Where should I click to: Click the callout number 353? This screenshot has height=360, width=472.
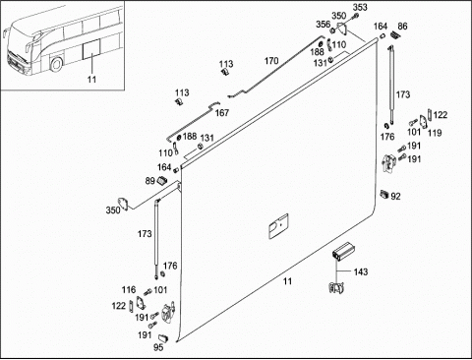point(360,7)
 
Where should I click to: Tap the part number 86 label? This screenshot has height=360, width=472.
point(402,26)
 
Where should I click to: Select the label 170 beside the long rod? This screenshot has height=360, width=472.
point(271,61)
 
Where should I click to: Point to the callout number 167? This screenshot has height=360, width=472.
point(222,113)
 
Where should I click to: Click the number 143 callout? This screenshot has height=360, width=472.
point(361,271)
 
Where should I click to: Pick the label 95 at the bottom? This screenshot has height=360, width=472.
point(158,347)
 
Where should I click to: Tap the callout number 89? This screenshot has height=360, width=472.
point(150,181)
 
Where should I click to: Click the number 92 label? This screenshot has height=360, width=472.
point(395,196)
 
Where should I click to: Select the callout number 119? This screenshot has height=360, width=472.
point(435,133)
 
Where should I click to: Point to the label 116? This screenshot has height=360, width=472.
point(129,289)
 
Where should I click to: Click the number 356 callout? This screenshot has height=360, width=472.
point(323,25)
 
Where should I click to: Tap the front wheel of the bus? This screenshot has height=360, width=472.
point(56,64)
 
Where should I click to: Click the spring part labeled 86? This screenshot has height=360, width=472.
point(395,34)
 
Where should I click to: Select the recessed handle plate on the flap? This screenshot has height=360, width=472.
point(278,226)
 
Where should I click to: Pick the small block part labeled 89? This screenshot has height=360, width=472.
point(162,180)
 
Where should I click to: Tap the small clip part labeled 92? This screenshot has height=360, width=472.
point(384,194)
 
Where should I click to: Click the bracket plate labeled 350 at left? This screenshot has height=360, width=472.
point(123,203)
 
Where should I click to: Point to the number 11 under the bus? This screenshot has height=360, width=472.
point(91,79)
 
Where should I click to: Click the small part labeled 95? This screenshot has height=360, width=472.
point(163,337)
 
